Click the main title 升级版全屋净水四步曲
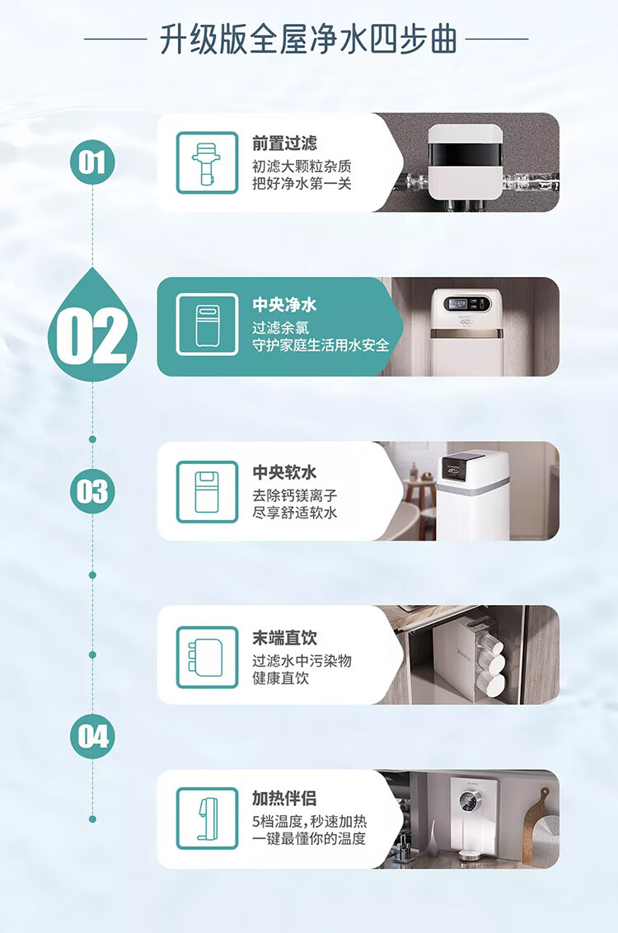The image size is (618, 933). click(308, 40)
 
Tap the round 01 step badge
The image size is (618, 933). click(92, 162)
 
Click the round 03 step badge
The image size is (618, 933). click(92, 491)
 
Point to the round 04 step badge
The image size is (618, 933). click(92, 737)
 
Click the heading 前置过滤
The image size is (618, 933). click(284, 143)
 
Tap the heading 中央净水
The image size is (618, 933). click(284, 305)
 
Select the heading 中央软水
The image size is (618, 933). click(284, 472)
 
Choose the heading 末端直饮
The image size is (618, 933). click(284, 638)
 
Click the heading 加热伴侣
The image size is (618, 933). click(284, 798)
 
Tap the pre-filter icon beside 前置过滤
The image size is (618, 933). click(207, 162)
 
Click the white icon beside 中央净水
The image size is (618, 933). click(207, 324)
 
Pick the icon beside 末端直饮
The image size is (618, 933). click(207, 657)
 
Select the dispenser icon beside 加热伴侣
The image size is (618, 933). click(207, 818)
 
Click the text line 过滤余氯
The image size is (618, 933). click(281, 328)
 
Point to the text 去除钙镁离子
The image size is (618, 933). click(294, 495)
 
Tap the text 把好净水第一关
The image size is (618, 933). click(302, 183)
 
